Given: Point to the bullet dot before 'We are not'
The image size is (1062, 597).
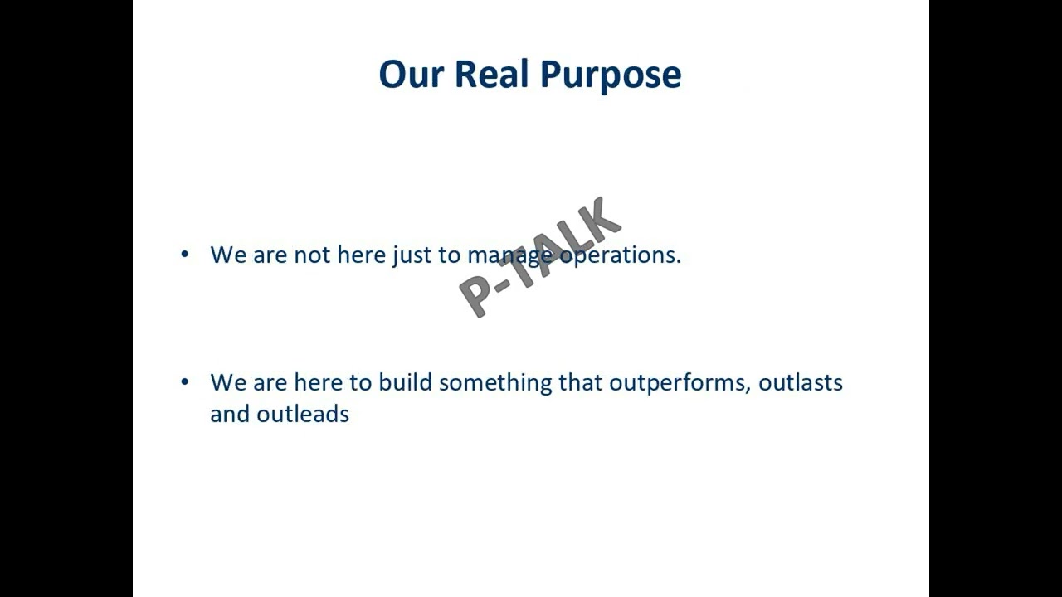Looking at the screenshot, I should coord(184,254).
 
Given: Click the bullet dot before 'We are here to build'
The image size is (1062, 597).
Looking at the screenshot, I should coord(184,381).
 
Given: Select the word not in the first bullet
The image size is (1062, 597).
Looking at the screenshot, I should coord(312,255).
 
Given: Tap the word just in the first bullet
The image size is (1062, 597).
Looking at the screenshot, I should coord(412,255).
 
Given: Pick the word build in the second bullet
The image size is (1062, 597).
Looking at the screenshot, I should coord(405,382).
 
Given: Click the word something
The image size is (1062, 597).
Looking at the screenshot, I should coord(495,383).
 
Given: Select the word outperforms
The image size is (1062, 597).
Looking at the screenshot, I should coord(679,383).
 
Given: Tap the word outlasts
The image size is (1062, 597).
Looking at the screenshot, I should coord(801,382).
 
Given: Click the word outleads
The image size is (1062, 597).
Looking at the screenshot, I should coord(303,414).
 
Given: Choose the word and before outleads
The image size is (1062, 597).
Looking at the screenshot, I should coord(230,414).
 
